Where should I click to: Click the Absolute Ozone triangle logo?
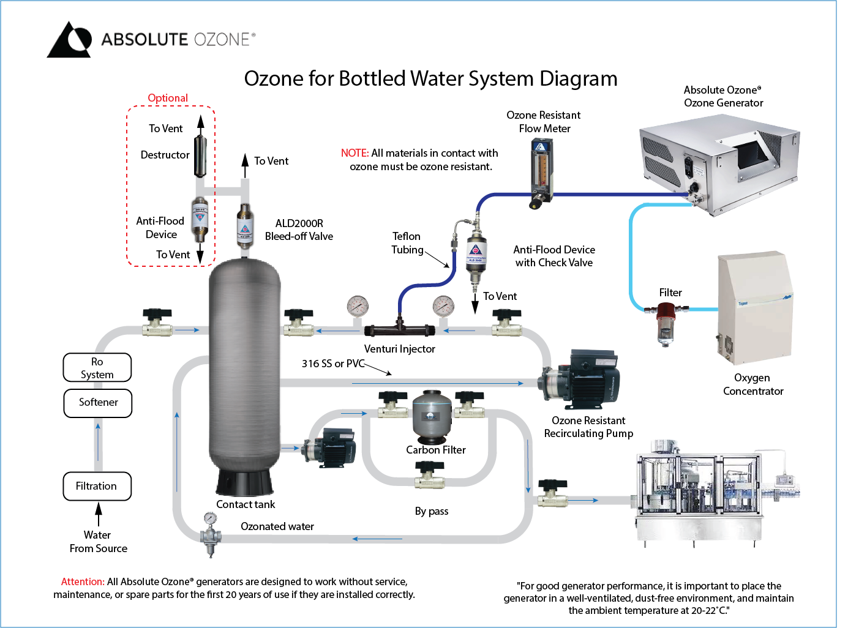[x=69, y=40]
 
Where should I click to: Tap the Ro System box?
[x=97, y=367]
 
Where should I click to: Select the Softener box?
[x=98, y=403]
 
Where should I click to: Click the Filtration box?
[x=97, y=486]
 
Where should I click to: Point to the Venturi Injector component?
[x=399, y=329]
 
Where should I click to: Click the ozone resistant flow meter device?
[x=541, y=171]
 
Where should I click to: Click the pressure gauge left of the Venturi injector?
[x=358, y=305]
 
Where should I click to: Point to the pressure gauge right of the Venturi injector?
[x=443, y=305]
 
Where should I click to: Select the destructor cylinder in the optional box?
[x=200, y=156]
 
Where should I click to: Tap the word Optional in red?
[x=168, y=98]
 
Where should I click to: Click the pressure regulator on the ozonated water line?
[x=210, y=533]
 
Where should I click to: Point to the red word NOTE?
[x=355, y=153]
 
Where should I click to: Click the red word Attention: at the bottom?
[x=83, y=581]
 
